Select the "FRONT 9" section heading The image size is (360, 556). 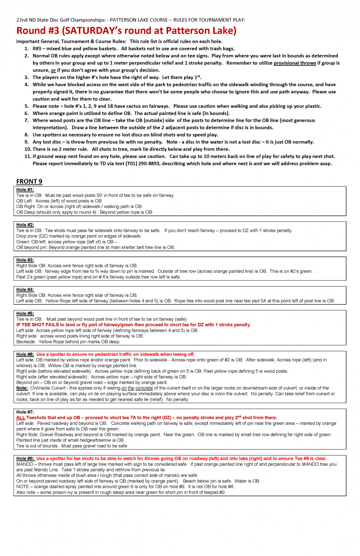pyautogui.click(x=29, y=182)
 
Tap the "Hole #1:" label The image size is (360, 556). pyautogui.click(x=25, y=190)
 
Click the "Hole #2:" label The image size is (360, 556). pyautogui.click(x=25, y=225)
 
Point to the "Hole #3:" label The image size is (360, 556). pyautogui.click(x=25, y=260)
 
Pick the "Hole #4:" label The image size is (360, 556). pyautogui.click(x=25, y=290)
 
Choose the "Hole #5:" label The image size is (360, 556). pyautogui.click(x=25, y=313)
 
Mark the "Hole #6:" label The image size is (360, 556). pyautogui.click(x=25, y=354)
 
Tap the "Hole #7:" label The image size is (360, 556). pyautogui.click(x=25, y=412)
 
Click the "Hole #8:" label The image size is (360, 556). pyautogui.click(x=25, y=459)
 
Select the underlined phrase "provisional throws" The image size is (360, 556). pyautogui.click(x=295, y=63)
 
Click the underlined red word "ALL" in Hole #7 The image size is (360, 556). pyautogui.click(x=21, y=418)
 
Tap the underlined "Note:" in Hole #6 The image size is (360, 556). pyautogui.click(x=22, y=388)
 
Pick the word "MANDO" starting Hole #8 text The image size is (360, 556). pyautogui.click(x=25, y=464)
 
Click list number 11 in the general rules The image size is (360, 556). pyautogui.click(x=27, y=157)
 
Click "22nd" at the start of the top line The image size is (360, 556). pyautogui.click(x=22, y=20)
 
